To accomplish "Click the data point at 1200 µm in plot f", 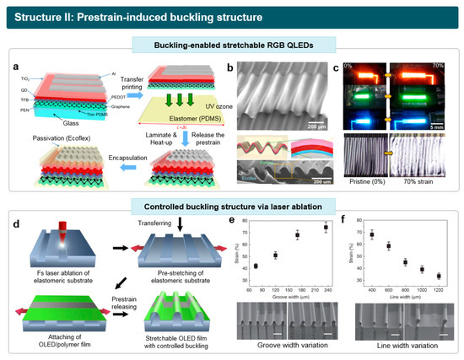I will pyautogui.click(x=439, y=276).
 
